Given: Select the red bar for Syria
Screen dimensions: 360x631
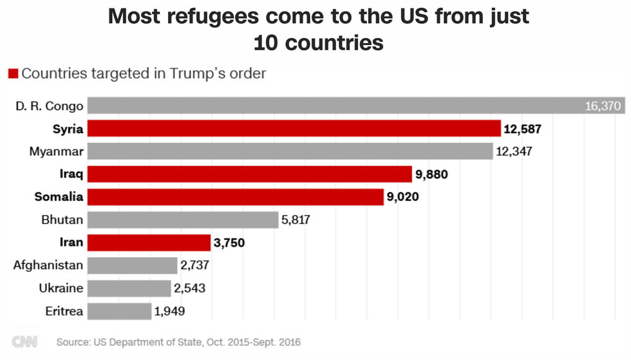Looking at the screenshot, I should click(x=294, y=129).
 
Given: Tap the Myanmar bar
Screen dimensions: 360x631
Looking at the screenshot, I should click(x=290, y=151).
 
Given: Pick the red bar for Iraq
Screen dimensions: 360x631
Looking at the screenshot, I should click(x=249, y=175).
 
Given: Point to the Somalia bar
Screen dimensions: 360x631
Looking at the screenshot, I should click(x=235, y=197).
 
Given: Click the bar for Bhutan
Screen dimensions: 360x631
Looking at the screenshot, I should click(x=182, y=220).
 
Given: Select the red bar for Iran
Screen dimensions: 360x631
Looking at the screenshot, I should click(x=149, y=243).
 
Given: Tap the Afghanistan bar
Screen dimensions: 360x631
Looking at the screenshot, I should click(x=132, y=265).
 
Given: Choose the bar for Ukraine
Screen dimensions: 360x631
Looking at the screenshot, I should click(x=129, y=288).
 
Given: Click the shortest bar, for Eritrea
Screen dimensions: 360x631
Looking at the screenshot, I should click(x=119, y=311).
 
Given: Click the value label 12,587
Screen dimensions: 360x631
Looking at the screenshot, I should click(x=522, y=129).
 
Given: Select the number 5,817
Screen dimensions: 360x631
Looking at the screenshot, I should click(x=296, y=220).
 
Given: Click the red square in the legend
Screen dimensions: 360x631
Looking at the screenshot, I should click(x=13, y=73).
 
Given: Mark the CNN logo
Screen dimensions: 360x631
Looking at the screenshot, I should click(x=24, y=342).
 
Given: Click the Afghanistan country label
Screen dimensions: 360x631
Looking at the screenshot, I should click(x=48, y=265).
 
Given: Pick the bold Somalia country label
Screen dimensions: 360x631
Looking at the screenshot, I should click(x=59, y=197).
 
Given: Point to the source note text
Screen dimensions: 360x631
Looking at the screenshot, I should click(x=178, y=342).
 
